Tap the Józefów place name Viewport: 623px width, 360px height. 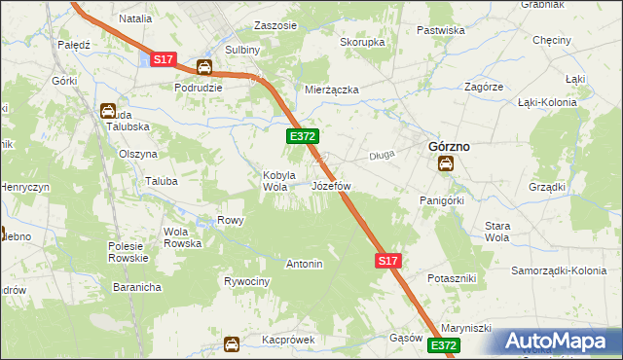point(330,185)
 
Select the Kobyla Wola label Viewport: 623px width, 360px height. point(277,182)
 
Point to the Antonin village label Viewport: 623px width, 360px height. point(304,264)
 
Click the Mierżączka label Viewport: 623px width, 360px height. point(332,90)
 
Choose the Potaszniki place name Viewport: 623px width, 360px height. point(451,278)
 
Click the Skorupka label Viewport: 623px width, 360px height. point(362,43)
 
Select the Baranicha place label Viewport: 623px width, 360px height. point(135,288)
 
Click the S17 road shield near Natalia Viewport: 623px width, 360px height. point(164,60)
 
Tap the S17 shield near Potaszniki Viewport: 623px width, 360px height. point(387,261)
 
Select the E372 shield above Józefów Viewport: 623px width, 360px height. point(300,137)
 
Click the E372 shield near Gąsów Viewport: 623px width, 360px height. point(443,345)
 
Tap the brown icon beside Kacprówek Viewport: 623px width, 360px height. point(232,343)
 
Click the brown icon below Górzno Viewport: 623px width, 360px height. point(445,164)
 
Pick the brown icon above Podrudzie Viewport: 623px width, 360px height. point(204,67)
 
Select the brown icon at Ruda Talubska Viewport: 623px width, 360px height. point(108,111)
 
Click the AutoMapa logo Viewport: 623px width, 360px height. point(559,341)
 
